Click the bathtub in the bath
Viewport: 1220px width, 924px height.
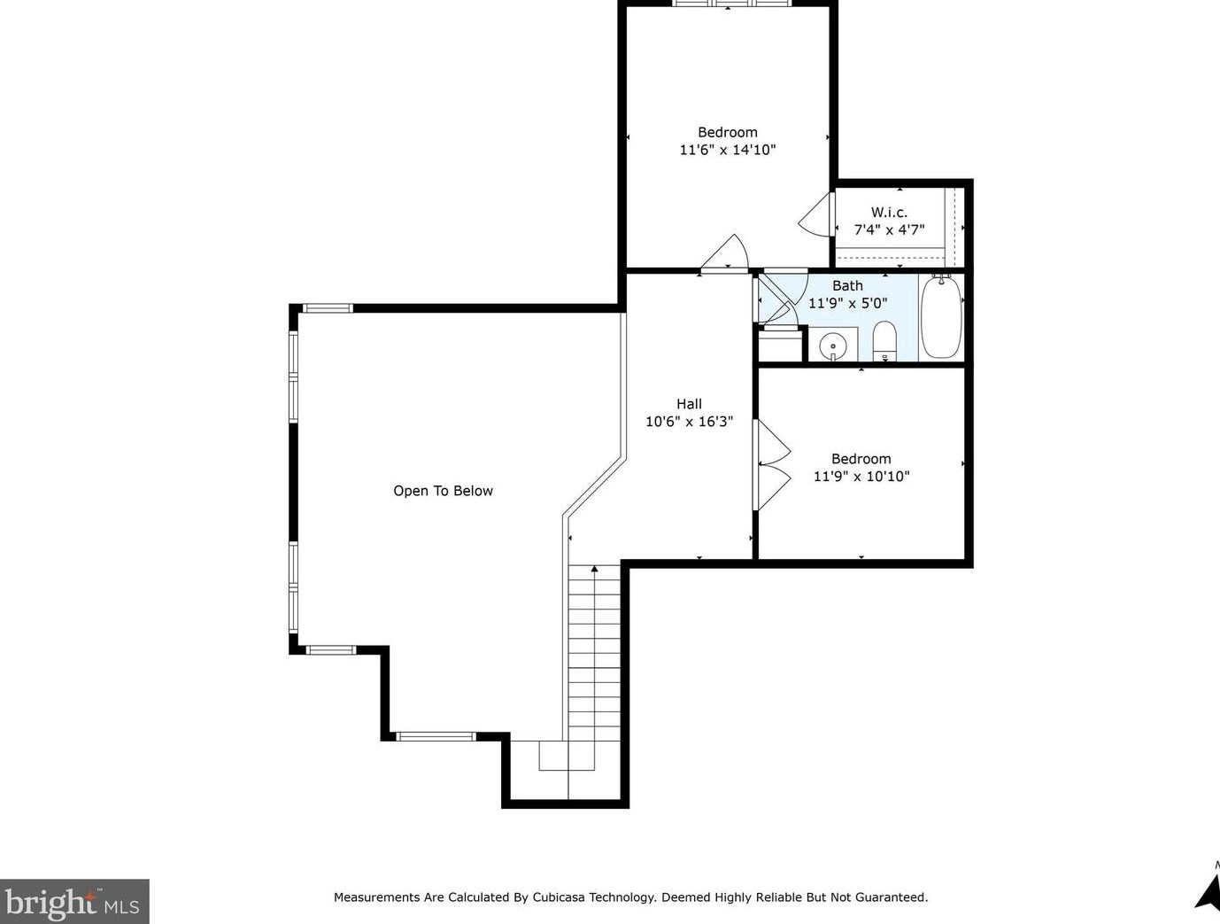pyautogui.click(x=941, y=317)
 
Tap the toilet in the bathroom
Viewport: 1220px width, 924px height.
pyautogui.click(x=884, y=341)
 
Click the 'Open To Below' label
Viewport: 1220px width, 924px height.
pyautogui.click(x=443, y=491)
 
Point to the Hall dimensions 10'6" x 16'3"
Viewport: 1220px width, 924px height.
pyautogui.click(x=689, y=422)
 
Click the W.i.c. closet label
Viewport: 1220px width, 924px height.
pyautogui.click(x=889, y=212)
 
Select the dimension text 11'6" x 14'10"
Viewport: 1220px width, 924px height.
pyautogui.click(x=728, y=150)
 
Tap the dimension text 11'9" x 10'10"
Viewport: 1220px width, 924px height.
pyautogui.click(x=861, y=476)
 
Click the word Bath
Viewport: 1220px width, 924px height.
pyautogui.click(x=847, y=286)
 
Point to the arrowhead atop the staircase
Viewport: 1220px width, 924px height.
pyautogui.click(x=595, y=568)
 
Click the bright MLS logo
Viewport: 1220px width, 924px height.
pyautogui.click(x=74, y=901)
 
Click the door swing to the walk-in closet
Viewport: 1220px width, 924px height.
pyautogui.click(x=816, y=214)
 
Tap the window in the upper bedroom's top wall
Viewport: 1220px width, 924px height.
pyautogui.click(x=732, y=4)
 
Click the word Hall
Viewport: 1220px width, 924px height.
pyautogui.click(x=689, y=404)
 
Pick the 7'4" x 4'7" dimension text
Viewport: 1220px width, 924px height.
pyautogui.click(x=889, y=229)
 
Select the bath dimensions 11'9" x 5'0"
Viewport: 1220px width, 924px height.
pyautogui.click(x=847, y=303)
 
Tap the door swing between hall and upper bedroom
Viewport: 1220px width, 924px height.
pyautogui.click(x=725, y=254)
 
